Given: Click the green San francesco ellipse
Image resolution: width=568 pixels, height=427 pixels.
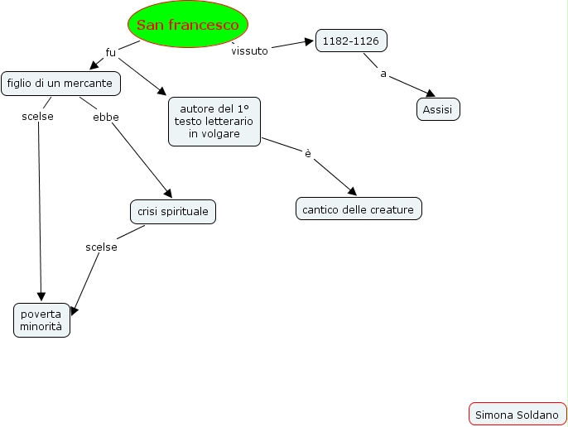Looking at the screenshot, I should [188, 25].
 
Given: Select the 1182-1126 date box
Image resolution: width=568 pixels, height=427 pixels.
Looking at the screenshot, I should [351, 41].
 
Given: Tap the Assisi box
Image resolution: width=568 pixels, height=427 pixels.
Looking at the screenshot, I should [437, 109].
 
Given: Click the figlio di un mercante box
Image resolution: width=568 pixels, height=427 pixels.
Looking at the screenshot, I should [61, 83].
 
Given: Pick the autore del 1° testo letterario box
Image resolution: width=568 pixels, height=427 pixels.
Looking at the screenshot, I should [214, 121].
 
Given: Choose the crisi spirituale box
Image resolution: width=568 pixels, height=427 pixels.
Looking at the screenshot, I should [173, 212].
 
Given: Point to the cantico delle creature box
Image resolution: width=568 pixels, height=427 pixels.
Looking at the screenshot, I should [359, 209].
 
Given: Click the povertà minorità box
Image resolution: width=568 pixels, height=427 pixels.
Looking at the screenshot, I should [41, 319].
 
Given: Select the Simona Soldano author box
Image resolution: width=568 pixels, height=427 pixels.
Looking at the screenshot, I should [517, 414].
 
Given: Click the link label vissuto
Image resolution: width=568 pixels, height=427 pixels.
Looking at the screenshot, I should [250, 50].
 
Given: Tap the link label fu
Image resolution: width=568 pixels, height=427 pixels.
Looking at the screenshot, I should [111, 52].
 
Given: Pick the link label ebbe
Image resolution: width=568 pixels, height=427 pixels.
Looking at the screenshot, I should [106, 117].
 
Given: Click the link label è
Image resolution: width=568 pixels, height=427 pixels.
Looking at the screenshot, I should [308, 153].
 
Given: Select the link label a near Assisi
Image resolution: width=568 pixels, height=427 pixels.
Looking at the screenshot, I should [383, 74].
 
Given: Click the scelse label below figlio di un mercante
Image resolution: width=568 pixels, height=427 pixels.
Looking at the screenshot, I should [38, 117].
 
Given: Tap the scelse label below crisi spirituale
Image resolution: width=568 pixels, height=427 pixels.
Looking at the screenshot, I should [102, 247].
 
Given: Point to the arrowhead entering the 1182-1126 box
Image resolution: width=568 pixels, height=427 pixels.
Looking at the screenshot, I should [309, 41].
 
